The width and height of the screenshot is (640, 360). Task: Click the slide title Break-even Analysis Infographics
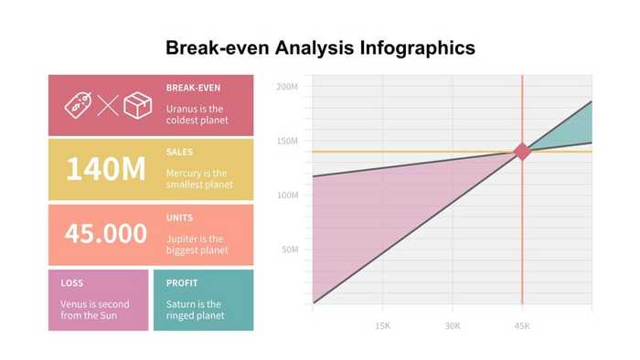point(320,48)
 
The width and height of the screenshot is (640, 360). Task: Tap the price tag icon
point(78,104)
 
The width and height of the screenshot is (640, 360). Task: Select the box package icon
point(137,104)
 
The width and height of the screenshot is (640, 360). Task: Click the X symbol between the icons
point(108,105)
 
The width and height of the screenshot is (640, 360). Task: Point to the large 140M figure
point(106,169)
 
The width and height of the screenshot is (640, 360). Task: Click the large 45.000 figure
point(106,233)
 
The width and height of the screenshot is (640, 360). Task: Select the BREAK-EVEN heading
point(193,89)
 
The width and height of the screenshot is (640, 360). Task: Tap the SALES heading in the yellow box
point(179,153)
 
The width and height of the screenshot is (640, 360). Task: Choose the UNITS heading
point(179,217)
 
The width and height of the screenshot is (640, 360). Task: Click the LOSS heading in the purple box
point(72,283)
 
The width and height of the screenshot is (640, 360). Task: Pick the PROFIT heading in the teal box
point(182,283)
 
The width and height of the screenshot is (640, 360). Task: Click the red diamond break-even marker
point(522,152)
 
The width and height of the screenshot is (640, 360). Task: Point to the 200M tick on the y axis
point(288,88)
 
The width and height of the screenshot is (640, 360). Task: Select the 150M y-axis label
point(288,142)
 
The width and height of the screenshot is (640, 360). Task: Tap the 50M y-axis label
point(290,249)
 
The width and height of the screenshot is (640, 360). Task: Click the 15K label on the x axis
point(383,325)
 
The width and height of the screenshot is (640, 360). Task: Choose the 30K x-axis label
point(453,325)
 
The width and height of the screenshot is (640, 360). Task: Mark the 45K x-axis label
point(522,325)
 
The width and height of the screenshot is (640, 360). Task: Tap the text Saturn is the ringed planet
point(194,311)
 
